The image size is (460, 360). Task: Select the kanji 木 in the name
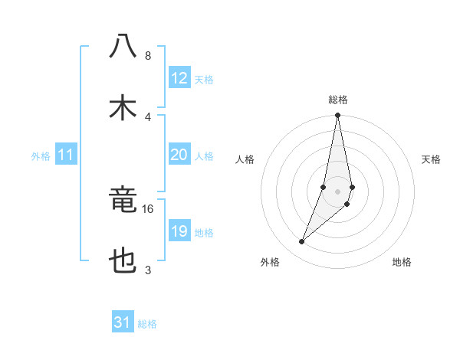(123, 106)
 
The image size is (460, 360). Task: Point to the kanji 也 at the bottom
(123, 262)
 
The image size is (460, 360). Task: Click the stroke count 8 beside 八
(148, 56)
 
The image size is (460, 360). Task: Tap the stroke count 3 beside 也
(148, 270)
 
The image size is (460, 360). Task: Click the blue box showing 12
(179, 78)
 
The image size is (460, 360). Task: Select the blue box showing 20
(179, 155)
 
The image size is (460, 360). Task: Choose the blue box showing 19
(179, 231)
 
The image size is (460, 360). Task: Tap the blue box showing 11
(66, 155)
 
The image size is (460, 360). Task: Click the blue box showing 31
(123, 322)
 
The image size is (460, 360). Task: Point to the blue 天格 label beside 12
(204, 80)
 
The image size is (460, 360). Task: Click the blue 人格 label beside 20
(204, 156)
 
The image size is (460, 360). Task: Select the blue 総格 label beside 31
(147, 324)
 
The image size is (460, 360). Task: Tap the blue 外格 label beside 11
(41, 156)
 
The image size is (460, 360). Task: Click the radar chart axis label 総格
(338, 100)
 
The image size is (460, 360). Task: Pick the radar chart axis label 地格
(402, 263)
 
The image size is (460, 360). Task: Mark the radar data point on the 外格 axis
(301, 242)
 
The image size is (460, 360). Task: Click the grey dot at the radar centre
(338, 191)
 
